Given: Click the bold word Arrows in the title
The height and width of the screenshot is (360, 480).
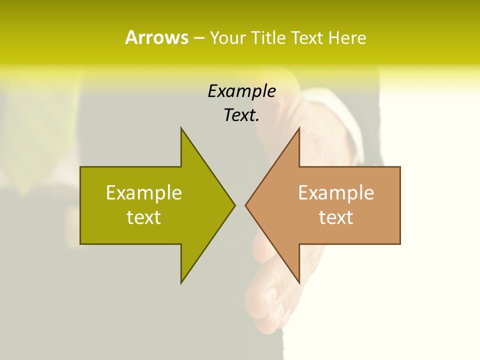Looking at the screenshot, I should tap(156, 37).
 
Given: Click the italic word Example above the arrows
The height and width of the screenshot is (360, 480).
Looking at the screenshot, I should tap(241, 91).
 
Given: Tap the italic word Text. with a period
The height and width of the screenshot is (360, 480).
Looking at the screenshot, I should tap(241, 115).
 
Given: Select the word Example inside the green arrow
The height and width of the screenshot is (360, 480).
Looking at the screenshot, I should tap(144, 192).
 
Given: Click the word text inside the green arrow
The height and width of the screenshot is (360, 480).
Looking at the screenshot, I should tap(144, 217).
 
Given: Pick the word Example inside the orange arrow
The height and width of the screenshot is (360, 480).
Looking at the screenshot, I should tap(336, 192).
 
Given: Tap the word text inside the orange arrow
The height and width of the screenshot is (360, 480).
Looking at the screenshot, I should tap(336, 217).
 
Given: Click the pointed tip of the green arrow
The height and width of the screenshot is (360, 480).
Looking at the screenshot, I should tap(234, 205).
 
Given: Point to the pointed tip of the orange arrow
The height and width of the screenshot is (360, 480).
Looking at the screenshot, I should tap(246, 205).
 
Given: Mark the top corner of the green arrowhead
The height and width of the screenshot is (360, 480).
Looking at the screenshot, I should tap(181, 128).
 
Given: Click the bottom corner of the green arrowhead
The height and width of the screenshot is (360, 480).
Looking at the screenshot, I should tap(181, 282).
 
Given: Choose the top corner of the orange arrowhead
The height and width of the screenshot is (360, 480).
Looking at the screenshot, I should tap(298, 128).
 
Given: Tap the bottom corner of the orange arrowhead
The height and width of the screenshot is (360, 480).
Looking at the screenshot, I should tap(298, 282).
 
